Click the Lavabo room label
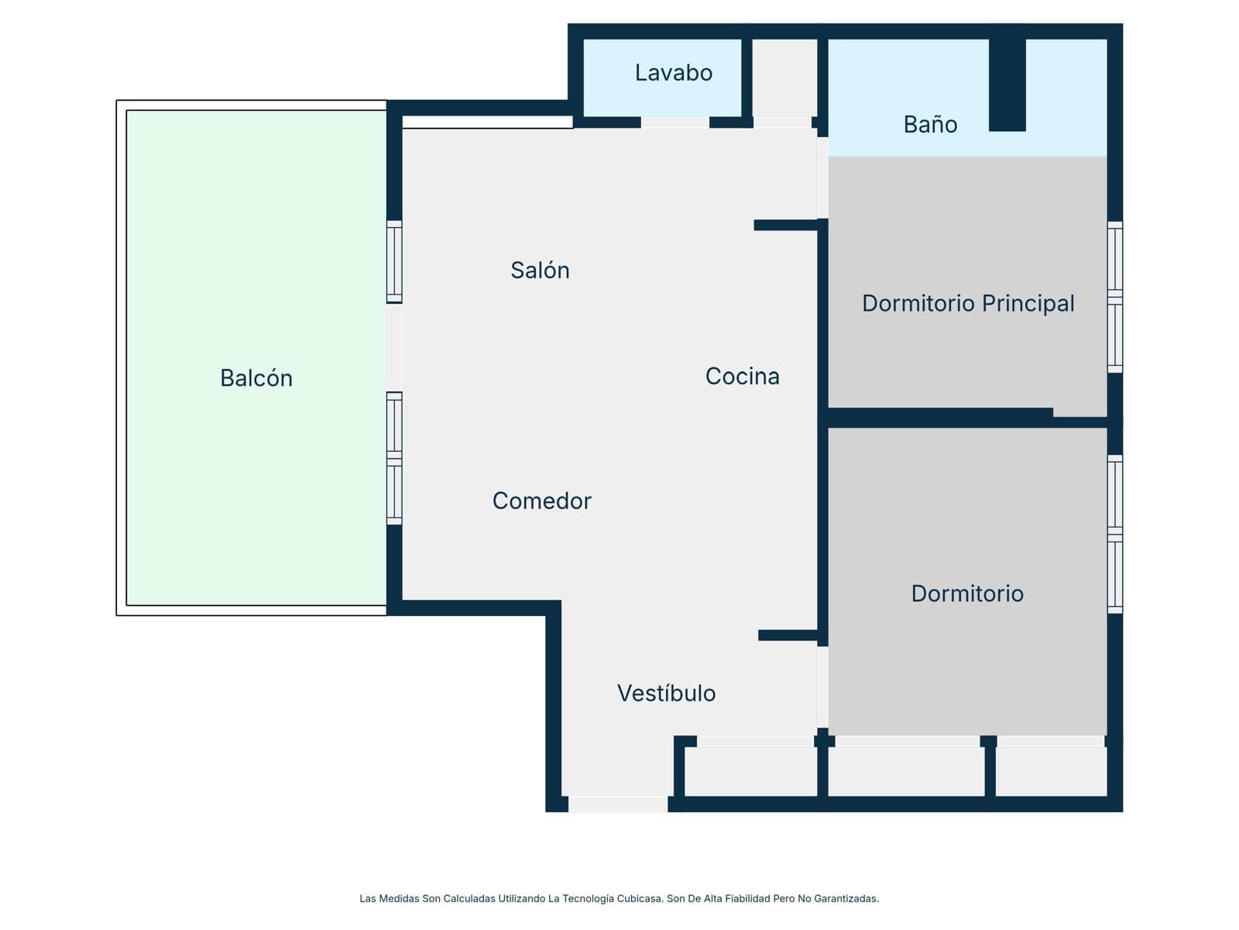click(x=673, y=73)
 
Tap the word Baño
click(x=930, y=124)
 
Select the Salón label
click(x=540, y=270)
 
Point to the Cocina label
click(x=743, y=376)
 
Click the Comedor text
click(x=541, y=501)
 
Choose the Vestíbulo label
click(x=666, y=693)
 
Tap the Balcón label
click(x=256, y=377)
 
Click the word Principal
click(x=1028, y=304)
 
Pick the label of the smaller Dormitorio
click(x=967, y=594)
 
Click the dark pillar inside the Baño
click(x=1007, y=84)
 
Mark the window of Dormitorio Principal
click(x=1115, y=297)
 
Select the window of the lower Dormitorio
click(x=1115, y=534)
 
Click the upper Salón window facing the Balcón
click(x=394, y=262)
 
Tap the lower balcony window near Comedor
click(x=394, y=459)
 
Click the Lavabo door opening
click(x=675, y=122)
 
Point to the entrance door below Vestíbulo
click(x=618, y=804)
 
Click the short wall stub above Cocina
click(x=786, y=226)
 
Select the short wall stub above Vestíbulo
click(x=788, y=635)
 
